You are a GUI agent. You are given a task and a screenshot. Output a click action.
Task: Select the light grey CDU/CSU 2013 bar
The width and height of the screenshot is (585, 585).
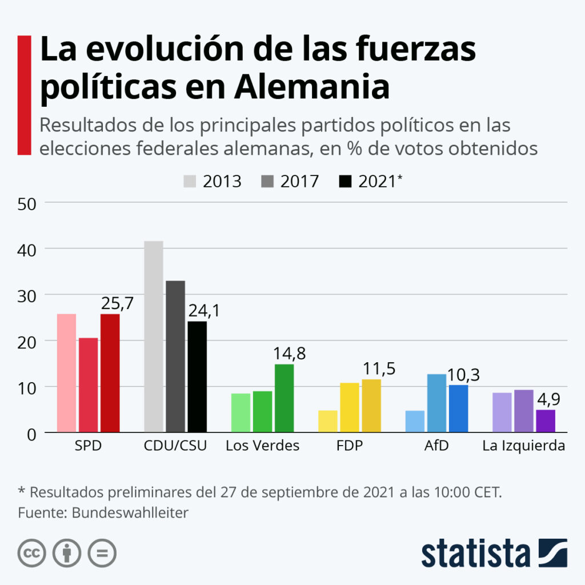click(154, 336)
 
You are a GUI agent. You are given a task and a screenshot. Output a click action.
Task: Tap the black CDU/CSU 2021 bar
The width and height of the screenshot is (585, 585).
click(197, 376)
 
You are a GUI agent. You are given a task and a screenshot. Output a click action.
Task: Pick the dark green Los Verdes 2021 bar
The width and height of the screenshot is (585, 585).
click(284, 398)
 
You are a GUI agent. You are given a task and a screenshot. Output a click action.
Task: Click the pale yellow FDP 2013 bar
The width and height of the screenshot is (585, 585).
click(328, 421)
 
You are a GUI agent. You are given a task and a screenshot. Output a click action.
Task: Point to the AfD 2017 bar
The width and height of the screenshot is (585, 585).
click(436, 403)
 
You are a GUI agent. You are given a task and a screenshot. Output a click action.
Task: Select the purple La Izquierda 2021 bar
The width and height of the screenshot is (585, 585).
click(545, 420)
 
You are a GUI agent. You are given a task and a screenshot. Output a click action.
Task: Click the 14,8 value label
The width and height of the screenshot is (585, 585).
click(290, 354)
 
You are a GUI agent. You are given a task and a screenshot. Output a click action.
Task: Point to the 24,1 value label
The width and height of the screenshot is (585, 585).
click(203, 310)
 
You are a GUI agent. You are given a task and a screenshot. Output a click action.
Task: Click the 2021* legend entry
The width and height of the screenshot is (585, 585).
click(371, 181)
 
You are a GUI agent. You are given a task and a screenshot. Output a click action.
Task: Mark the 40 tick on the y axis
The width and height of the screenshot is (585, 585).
click(27, 249)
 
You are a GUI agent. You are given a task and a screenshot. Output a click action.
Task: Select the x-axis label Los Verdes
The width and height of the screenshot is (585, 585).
click(262, 446)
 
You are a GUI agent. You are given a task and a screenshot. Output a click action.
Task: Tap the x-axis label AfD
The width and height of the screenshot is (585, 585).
click(436, 446)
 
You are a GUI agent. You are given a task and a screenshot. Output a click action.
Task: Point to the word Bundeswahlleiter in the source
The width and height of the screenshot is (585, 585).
click(130, 512)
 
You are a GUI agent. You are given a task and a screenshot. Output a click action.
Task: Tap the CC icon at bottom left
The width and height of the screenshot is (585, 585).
click(32, 553)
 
